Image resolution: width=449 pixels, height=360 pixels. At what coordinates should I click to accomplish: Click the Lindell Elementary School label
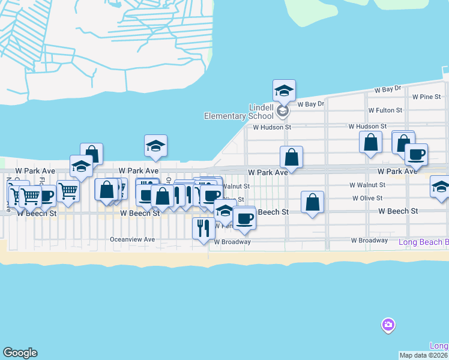(239, 112)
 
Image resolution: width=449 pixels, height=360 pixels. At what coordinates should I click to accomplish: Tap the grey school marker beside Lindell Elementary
(283, 110)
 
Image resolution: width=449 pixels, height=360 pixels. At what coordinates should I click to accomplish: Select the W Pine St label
(426, 97)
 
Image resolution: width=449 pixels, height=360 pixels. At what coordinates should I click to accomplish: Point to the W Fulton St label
(385, 110)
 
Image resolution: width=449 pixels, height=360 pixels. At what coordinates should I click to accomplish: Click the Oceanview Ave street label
(132, 239)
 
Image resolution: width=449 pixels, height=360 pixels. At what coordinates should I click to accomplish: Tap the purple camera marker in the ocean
(388, 325)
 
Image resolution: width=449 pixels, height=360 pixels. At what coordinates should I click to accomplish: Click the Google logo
(20, 353)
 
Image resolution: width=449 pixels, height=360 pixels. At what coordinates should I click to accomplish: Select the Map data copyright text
(423, 355)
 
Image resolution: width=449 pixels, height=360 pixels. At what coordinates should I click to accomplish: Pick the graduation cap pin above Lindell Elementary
(284, 91)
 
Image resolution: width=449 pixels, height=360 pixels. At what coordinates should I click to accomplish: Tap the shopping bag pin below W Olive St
(313, 203)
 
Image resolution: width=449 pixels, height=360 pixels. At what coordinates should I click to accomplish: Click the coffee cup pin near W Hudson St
(416, 154)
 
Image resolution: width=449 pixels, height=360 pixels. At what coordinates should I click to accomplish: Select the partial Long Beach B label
(424, 242)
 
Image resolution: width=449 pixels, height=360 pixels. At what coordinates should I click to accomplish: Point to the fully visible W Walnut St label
(369, 185)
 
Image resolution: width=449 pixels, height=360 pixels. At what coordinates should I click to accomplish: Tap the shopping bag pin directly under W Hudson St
(371, 143)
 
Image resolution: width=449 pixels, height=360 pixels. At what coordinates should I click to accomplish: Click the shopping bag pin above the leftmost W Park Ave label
(91, 154)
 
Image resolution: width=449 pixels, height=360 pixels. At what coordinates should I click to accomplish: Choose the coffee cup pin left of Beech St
(244, 218)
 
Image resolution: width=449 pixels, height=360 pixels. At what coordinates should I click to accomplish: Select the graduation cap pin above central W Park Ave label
(155, 146)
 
